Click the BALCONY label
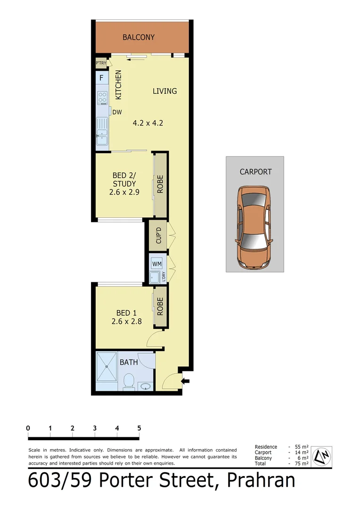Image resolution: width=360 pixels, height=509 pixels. point(139,37)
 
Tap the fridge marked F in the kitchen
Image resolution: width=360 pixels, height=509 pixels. point(101,78)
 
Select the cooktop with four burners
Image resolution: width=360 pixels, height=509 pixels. point(102,98)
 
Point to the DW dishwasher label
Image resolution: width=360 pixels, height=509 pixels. point(117,112)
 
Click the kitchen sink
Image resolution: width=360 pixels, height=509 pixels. point(102,132)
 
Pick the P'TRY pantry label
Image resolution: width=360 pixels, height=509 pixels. point(101,63)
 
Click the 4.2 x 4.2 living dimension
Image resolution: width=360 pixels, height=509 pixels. point(148,123)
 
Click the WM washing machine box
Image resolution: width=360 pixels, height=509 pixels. point(156,263)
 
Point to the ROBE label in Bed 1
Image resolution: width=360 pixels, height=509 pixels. point(160,307)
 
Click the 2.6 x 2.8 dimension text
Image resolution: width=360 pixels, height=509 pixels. point(127,322)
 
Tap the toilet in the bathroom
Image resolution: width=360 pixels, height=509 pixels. point(128,381)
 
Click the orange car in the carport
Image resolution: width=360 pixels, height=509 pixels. point(254,227)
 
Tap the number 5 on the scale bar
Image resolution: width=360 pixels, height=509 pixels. point(139,428)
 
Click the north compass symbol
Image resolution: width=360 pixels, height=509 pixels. point(322,456)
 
